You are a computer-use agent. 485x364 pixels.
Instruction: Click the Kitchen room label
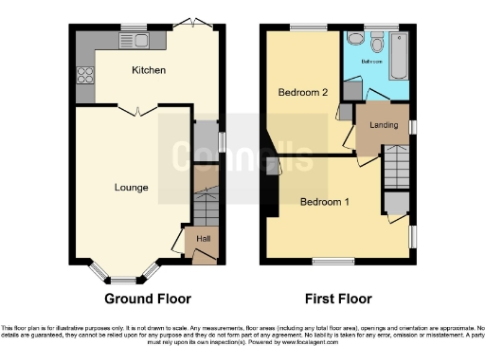[149, 70]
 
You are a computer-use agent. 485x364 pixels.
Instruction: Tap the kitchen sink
[141, 39]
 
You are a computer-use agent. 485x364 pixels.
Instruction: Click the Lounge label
[131, 188]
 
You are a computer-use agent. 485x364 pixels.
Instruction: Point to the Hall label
[203, 240]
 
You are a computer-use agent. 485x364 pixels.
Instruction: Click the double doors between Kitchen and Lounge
[140, 111]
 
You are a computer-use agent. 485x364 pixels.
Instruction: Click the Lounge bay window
[120, 277]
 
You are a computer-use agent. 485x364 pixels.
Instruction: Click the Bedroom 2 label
[302, 93]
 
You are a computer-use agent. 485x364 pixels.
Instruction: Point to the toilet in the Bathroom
[377, 43]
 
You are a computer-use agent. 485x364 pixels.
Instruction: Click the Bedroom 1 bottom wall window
[330, 260]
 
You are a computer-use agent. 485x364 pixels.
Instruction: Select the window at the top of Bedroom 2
[303, 27]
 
